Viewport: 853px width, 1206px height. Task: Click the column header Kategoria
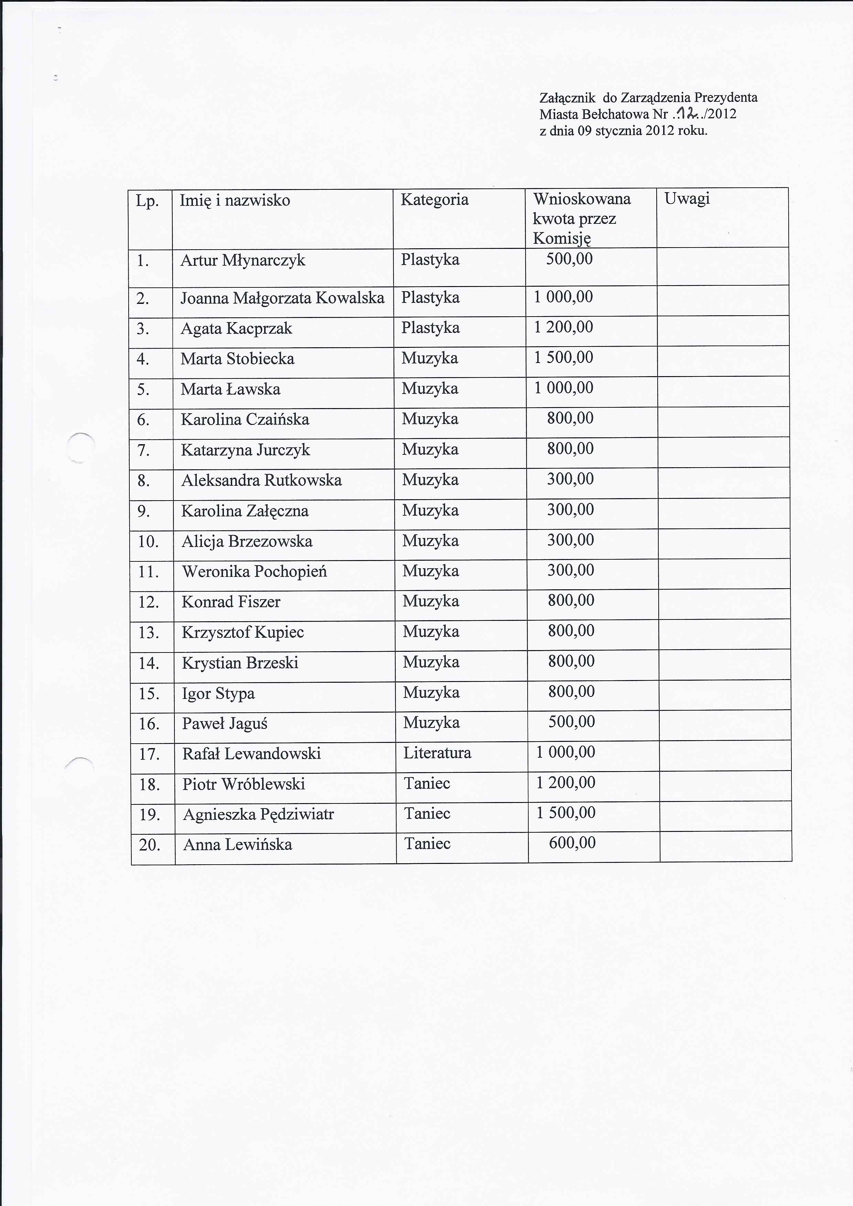(434, 200)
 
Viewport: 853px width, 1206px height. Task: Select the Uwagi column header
(687, 199)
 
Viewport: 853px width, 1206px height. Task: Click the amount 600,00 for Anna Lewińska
(572, 843)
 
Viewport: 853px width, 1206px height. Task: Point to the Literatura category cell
(437, 753)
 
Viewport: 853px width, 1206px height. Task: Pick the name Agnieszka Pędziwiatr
(258, 814)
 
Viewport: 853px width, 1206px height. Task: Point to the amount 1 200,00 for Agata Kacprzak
(563, 327)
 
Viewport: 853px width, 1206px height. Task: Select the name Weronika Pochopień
(255, 571)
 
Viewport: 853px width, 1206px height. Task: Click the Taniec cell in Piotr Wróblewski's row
(427, 783)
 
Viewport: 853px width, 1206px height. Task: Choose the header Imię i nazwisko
(235, 200)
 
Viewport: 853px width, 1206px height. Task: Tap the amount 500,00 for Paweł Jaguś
(571, 722)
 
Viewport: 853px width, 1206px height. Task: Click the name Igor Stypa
(218, 693)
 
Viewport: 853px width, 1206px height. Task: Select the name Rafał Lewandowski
(251, 754)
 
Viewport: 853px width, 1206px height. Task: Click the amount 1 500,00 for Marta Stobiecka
(563, 358)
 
